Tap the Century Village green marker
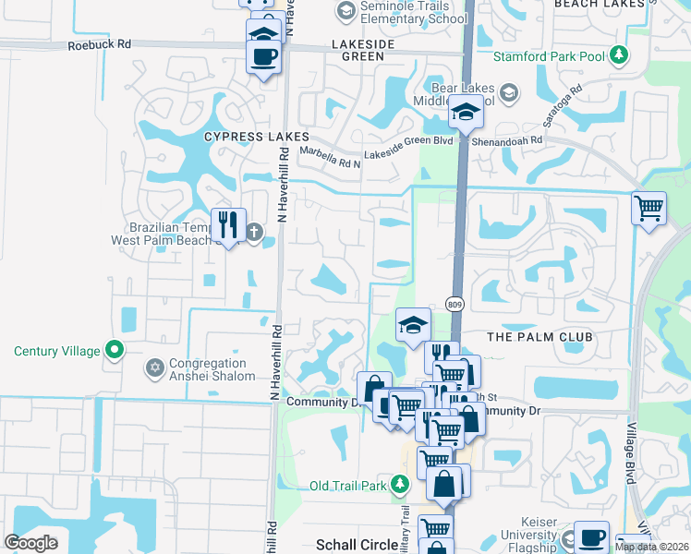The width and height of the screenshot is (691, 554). [114, 350]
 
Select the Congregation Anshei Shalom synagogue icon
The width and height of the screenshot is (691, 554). [154, 368]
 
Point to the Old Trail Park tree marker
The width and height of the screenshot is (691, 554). [399, 485]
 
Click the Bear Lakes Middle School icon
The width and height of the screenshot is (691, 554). [508, 92]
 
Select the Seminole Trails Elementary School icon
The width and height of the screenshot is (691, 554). [346, 11]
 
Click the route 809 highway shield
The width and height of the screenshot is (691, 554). [454, 303]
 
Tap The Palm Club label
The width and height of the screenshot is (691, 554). [539, 337]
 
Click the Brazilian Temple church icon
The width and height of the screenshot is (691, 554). [254, 232]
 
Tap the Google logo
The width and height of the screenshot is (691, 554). [30, 543]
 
